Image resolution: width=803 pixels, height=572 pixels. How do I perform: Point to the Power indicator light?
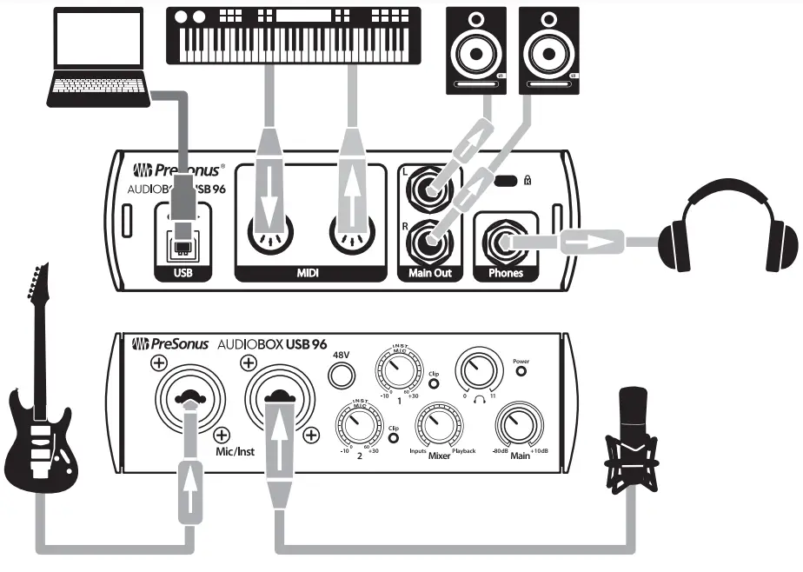click(x=521, y=371)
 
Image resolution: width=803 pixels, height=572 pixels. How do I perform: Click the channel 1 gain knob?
click(x=397, y=371)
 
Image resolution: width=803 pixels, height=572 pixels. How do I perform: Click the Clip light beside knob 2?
click(x=394, y=438)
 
